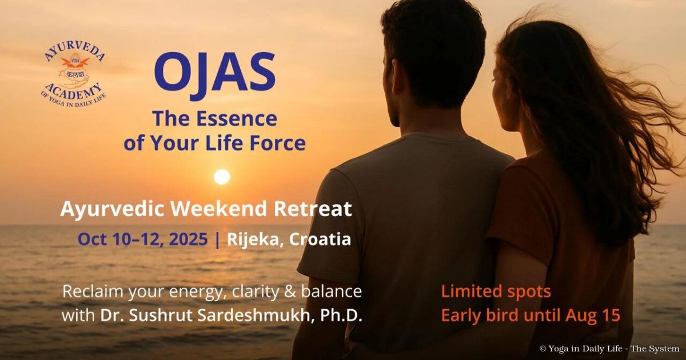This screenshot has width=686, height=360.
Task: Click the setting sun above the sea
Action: [x=222, y=177]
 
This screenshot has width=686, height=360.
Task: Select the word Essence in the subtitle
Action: [x=237, y=119]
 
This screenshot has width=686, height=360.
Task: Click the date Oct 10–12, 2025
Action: [x=142, y=239]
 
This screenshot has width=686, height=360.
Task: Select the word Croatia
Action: [x=320, y=239]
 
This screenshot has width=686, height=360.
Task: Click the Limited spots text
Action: [x=496, y=291]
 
